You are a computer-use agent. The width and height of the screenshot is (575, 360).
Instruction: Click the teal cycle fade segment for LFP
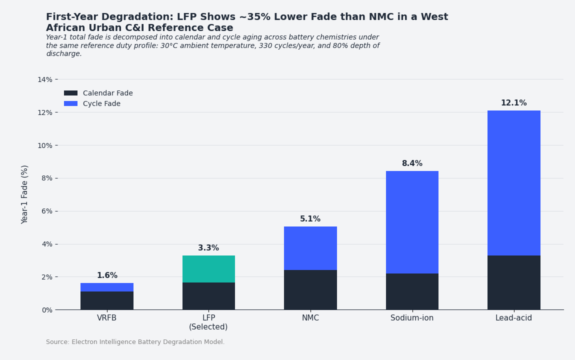[x=208, y=269]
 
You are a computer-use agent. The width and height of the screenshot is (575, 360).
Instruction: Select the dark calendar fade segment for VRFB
[x=107, y=300]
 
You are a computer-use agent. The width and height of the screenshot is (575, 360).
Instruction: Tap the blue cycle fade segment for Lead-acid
[x=513, y=183]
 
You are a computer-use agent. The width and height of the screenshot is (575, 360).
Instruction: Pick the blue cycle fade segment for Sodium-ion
[x=412, y=222]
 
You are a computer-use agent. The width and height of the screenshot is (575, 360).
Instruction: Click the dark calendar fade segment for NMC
[x=310, y=289]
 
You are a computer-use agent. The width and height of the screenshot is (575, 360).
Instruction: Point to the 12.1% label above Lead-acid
[x=513, y=103]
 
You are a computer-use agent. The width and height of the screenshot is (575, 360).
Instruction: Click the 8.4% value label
[x=412, y=163]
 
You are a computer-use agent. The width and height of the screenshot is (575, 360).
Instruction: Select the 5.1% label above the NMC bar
[x=310, y=219]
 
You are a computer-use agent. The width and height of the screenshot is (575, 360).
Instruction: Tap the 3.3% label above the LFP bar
[x=208, y=248]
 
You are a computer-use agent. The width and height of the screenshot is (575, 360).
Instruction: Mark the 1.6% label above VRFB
[x=107, y=275]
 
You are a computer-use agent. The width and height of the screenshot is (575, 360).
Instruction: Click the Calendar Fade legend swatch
[x=70, y=93]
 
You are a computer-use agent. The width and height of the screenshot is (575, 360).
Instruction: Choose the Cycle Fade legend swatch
[x=70, y=103]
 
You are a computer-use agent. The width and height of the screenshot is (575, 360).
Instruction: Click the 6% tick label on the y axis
[x=46, y=211]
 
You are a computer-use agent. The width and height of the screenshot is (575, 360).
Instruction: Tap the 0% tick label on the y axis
[x=46, y=310]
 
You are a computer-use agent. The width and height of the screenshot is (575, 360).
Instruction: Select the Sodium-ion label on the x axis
[x=412, y=318]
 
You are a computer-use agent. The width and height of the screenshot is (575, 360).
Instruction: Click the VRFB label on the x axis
[x=107, y=318]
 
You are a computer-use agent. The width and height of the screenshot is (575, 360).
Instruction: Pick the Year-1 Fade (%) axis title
[x=25, y=194]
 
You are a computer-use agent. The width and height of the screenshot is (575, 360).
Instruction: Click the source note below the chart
[x=135, y=342]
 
